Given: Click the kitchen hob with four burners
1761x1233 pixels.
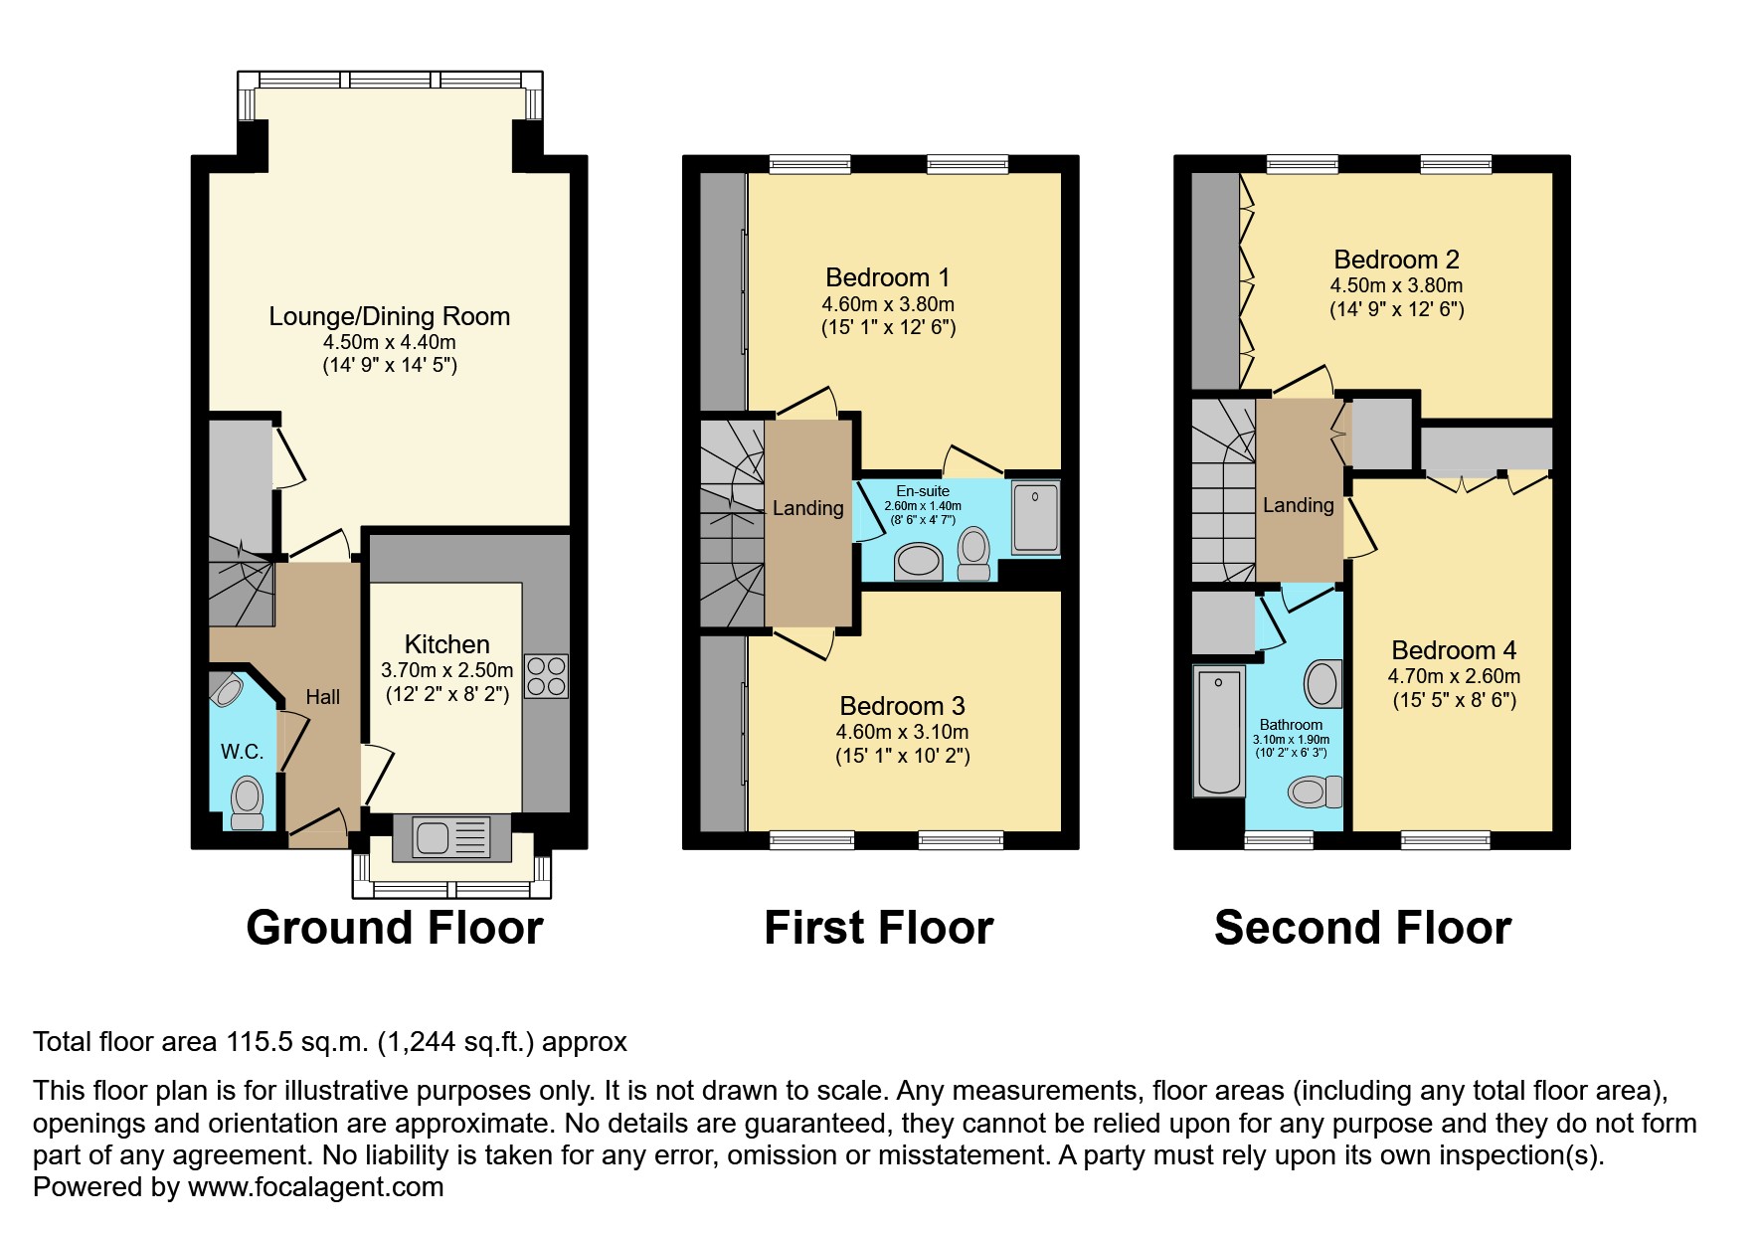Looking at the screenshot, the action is (x=546, y=676).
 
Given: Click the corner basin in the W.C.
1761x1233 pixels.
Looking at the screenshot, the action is (x=228, y=689).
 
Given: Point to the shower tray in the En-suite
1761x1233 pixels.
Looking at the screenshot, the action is (x=1036, y=517).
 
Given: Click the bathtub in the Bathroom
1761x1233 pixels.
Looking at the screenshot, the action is (x=1219, y=732).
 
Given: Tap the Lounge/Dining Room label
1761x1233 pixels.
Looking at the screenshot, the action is (x=390, y=316).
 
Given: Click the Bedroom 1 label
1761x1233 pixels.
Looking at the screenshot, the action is (x=888, y=277).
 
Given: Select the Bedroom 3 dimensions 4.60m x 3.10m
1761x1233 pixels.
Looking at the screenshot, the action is (x=902, y=732).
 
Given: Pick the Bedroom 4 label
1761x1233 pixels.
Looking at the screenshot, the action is (x=1454, y=650).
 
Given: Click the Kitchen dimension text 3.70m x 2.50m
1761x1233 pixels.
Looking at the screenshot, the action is (x=447, y=670).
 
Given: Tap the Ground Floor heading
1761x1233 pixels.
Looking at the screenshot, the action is (x=395, y=928).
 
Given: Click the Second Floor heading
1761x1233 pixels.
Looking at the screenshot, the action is (x=1362, y=928).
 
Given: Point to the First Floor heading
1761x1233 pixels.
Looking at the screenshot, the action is (x=879, y=928).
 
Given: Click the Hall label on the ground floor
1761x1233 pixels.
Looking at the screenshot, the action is (x=323, y=697).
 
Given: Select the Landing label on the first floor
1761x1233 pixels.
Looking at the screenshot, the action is (x=808, y=508).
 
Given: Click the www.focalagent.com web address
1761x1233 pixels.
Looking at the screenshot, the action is (x=316, y=1187).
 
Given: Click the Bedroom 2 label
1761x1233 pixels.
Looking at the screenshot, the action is (x=1397, y=260).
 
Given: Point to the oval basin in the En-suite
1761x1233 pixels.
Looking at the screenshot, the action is (x=919, y=561).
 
